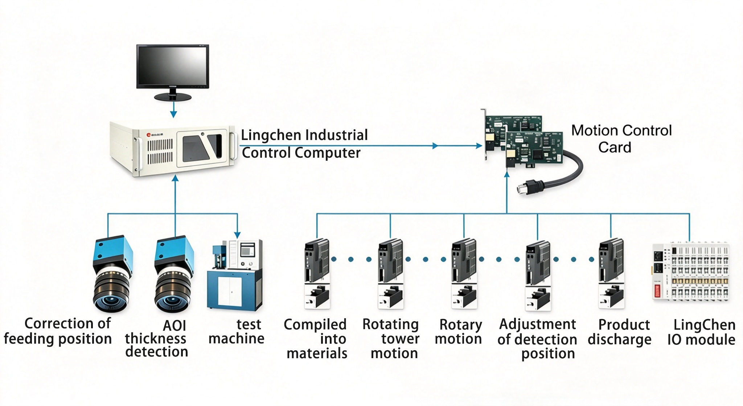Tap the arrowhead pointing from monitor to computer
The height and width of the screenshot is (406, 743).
coord(173,114)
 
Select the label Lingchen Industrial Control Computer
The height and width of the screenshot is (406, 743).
coord(304,144)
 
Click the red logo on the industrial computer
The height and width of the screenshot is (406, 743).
coord(148,134)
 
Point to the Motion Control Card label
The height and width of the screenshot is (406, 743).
coord(621,139)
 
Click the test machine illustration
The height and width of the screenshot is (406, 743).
coord(235,274)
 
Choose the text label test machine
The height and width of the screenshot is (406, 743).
coord(237,331)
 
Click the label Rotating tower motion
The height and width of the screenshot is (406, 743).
coord(391,339)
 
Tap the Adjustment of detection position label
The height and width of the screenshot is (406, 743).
coord(537,339)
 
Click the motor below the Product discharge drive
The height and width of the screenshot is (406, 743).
coord(611,296)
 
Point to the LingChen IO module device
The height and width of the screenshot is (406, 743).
coord(691,272)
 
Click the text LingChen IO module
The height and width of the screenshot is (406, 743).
coord(701,332)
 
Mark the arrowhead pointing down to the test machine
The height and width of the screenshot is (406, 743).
coord(237,235)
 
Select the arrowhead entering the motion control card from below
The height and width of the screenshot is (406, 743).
coord(507,174)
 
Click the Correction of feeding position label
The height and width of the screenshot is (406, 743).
coord(58,331)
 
